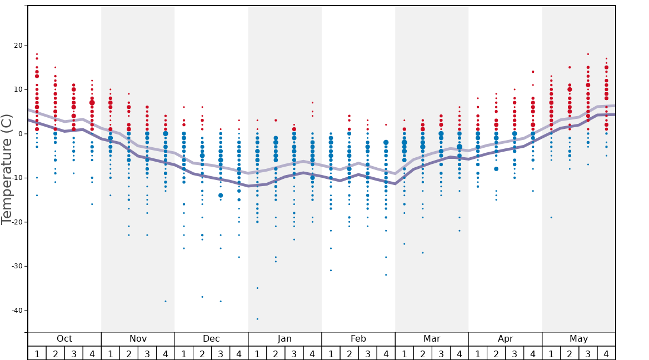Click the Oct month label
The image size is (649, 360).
pyautogui.click(x=64, y=339)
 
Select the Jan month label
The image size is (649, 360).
pyautogui.click(x=284, y=339)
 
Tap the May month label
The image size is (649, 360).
pyautogui.click(x=578, y=339)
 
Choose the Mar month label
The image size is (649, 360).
pyautogui.click(x=432, y=339)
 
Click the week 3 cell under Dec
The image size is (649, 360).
pyautogui.click(x=221, y=353)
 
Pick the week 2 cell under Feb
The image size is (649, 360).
pyautogui.click(x=349, y=353)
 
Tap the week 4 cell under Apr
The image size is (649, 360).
pyautogui.click(x=533, y=353)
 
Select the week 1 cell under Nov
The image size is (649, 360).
pyautogui.click(x=110, y=353)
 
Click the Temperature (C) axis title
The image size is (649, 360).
pyautogui.click(x=7, y=169)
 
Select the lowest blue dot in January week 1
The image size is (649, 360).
pyautogui.click(x=257, y=319)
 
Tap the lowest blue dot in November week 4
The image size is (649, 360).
pyautogui.click(x=166, y=301)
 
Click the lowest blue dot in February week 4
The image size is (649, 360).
pyautogui.click(x=386, y=275)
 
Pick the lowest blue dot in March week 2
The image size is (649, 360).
pyautogui.click(x=423, y=253)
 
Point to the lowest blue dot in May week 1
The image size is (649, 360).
pyautogui.click(x=551, y=217)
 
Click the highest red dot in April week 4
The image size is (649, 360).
pyautogui.click(x=533, y=72)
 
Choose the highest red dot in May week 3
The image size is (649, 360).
pyautogui.click(x=588, y=54)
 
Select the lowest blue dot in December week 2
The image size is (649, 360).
pyautogui.click(x=202, y=297)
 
